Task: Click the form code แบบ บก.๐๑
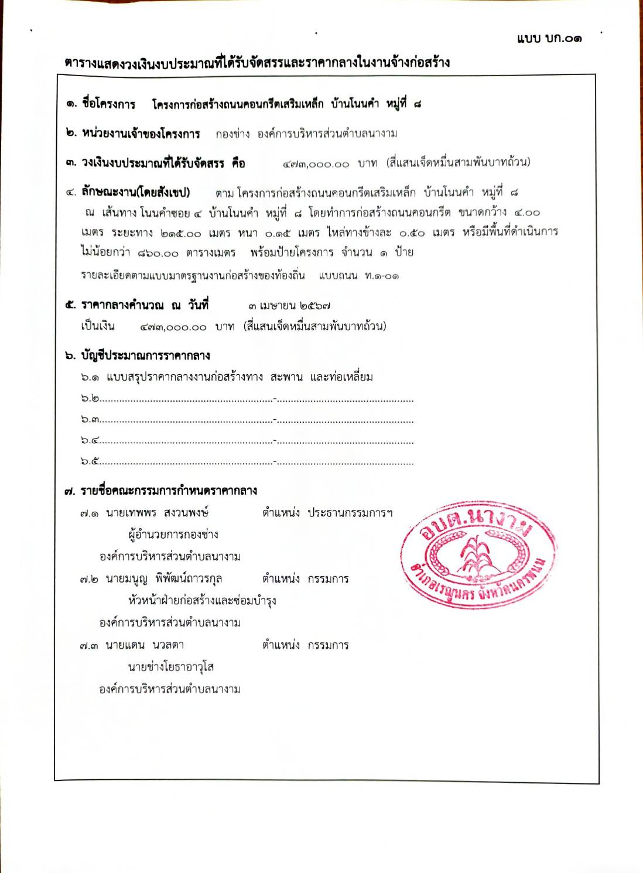point(549,39)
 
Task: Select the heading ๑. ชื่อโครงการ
point(100,104)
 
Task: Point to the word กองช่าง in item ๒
point(232,133)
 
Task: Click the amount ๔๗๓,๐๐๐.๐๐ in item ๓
point(316,164)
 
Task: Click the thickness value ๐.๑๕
point(277,233)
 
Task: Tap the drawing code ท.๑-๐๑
point(382,276)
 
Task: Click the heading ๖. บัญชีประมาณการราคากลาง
point(137,355)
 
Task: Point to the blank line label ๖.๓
point(90,420)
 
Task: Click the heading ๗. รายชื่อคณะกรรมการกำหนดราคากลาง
point(160,491)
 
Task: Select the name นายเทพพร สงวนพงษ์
point(157,513)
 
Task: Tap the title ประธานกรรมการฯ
point(350,513)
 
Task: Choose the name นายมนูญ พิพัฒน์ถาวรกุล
point(163,579)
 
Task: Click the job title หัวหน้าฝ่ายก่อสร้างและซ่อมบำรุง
point(202,601)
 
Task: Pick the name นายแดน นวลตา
point(145,645)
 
